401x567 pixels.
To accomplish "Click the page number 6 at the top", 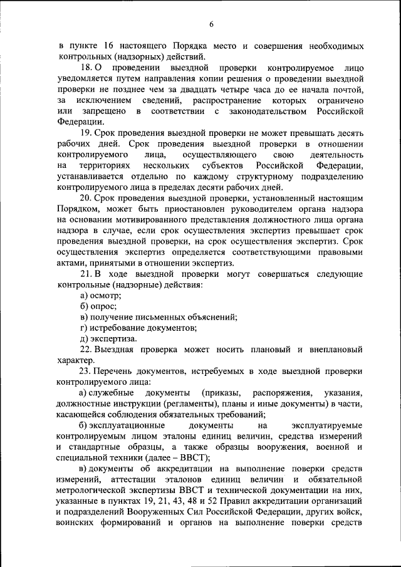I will (211, 24).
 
